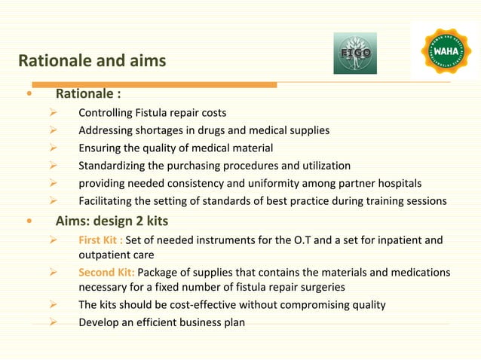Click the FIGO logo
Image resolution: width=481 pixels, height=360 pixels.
(355, 53)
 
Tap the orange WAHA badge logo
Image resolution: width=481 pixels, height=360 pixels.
(444, 50)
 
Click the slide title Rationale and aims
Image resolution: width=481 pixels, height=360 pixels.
(91, 60)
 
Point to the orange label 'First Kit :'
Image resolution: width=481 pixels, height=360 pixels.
(100, 241)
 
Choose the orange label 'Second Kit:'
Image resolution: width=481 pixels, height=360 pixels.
(107, 272)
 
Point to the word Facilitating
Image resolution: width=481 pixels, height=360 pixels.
(106, 200)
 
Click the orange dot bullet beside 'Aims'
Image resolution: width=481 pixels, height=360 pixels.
(29, 222)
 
